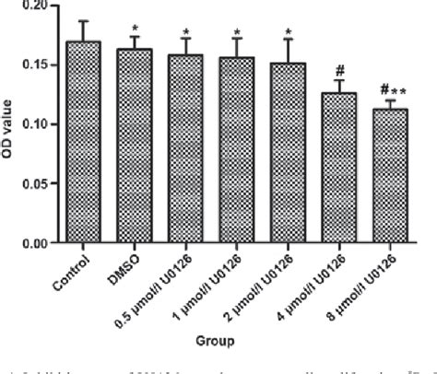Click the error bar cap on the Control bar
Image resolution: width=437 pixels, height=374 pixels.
tap(84, 20)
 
